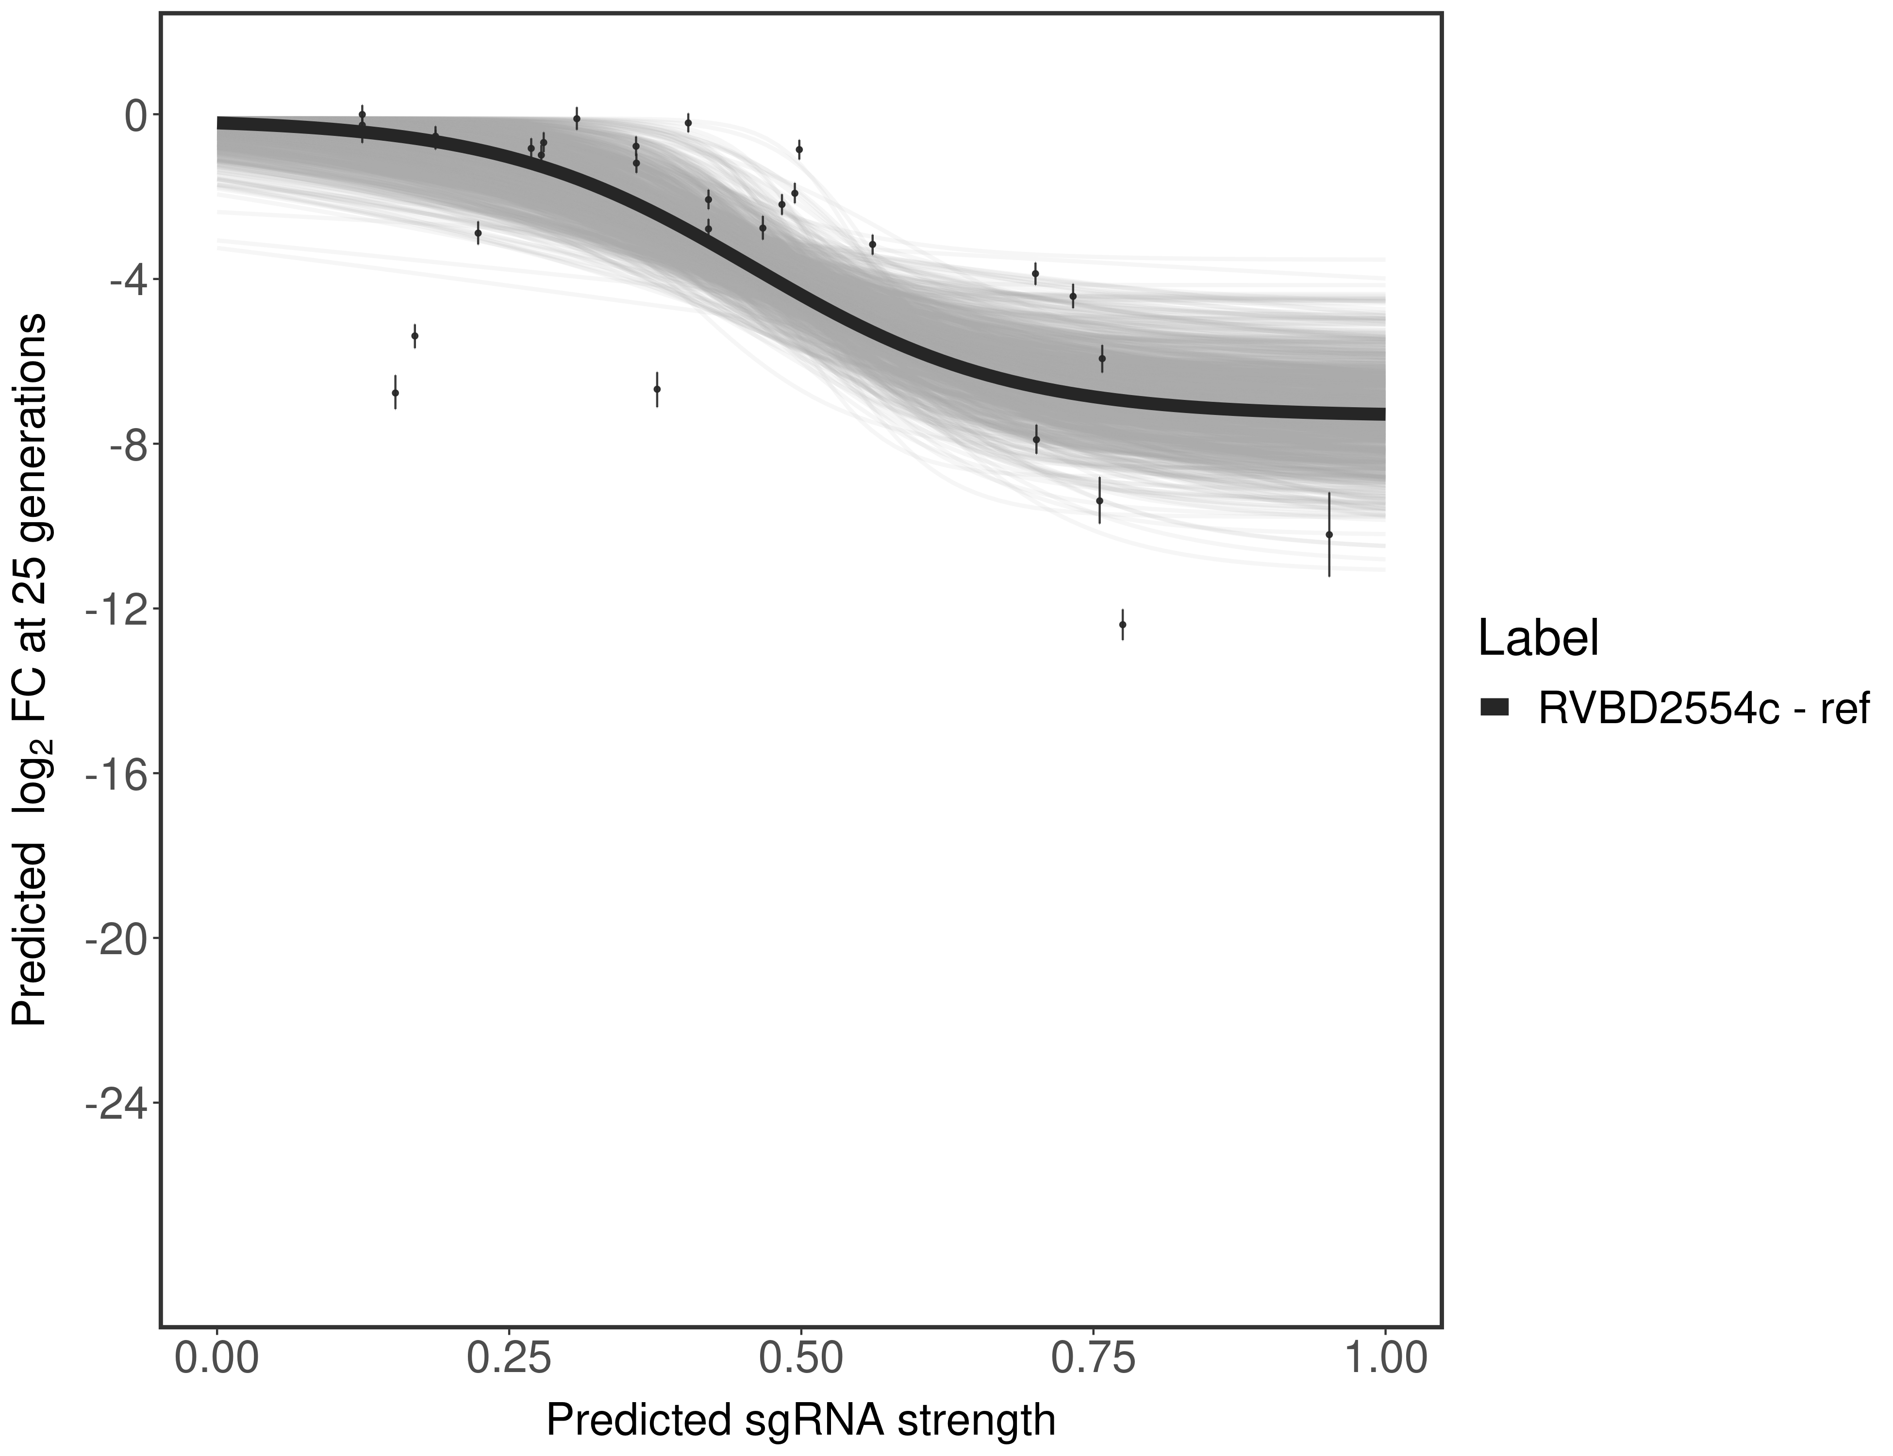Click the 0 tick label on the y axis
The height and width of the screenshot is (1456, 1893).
pyautogui.click(x=135, y=116)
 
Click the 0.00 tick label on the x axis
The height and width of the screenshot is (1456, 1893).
pyautogui.click(x=216, y=1358)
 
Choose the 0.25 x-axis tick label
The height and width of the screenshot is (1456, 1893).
pyautogui.click(x=509, y=1358)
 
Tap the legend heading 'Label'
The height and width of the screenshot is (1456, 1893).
pyautogui.click(x=1539, y=639)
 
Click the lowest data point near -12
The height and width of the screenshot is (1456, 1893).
pyautogui.click(x=1122, y=624)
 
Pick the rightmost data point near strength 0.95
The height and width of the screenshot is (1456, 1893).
pyautogui.click(x=1329, y=535)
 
